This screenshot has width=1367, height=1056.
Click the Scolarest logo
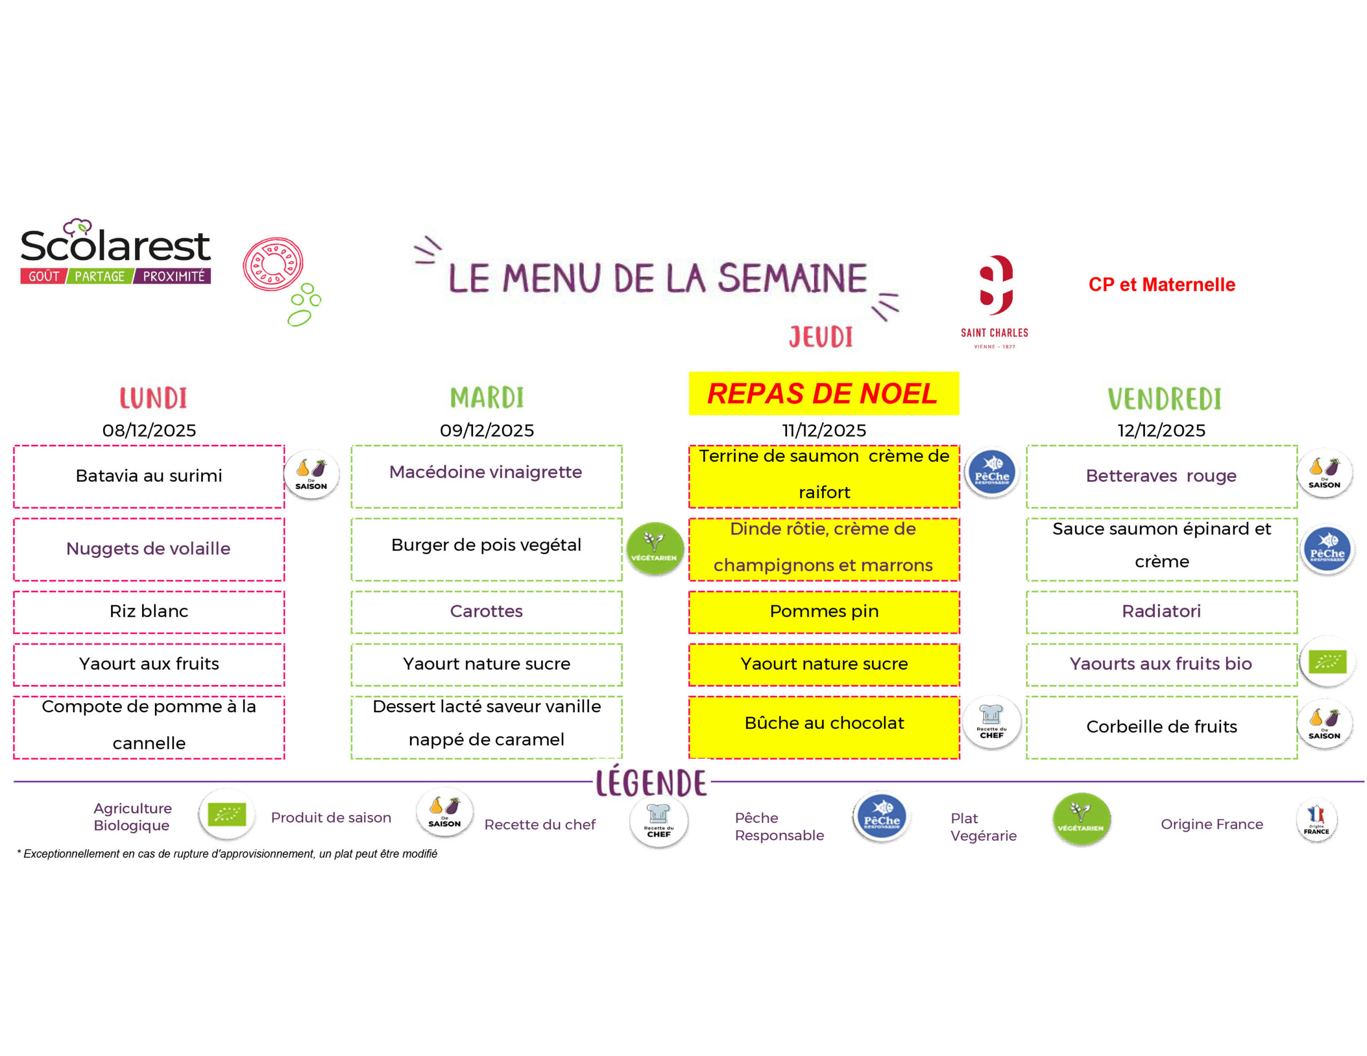point(115,251)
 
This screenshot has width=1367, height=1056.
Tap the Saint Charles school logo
point(995,301)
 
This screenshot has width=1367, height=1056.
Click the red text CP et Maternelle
point(1162,285)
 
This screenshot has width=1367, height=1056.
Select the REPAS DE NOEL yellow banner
point(824,393)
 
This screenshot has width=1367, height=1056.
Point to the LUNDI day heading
point(153,398)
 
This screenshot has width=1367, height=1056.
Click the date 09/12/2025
point(486,430)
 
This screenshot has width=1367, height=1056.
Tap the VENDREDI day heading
point(1164,399)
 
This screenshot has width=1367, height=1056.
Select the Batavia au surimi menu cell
point(149,476)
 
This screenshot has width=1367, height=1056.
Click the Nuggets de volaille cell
point(149,549)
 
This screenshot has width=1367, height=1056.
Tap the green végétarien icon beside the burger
point(654,549)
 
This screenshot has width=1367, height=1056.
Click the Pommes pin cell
point(824,612)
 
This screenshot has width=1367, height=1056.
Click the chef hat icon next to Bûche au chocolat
point(992,722)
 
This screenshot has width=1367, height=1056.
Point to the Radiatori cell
point(1162,612)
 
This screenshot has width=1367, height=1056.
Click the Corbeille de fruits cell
point(1162,727)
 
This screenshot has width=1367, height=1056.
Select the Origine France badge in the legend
point(1316,821)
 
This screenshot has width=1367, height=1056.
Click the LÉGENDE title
point(651,783)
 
